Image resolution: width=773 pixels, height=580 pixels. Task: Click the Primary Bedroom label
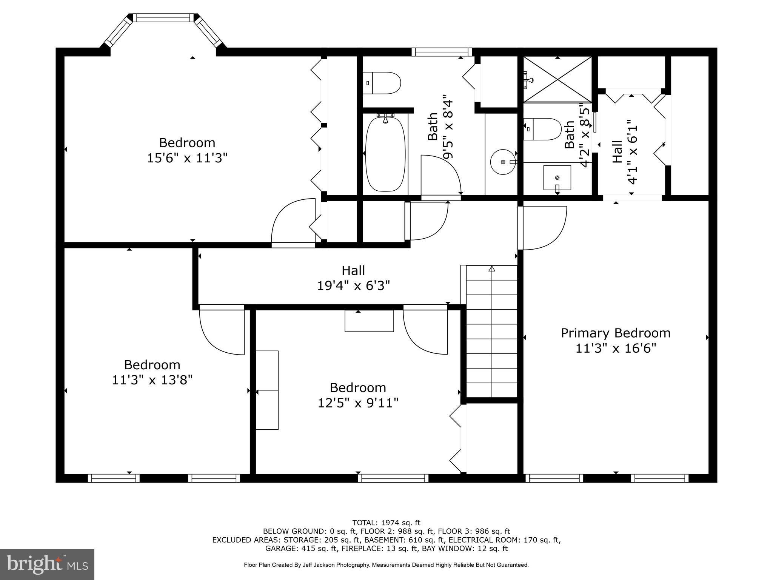click(x=616, y=333)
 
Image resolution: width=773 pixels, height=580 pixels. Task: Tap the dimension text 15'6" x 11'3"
click(x=187, y=158)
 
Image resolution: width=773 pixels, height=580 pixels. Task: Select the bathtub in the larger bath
click(x=385, y=154)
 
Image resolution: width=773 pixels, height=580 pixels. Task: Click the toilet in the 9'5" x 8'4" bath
click(x=382, y=83)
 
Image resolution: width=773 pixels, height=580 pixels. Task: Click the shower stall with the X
click(x=557, y=79)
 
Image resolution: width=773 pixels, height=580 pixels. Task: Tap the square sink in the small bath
click(x=557, y=177)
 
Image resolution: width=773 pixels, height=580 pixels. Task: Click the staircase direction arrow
click(x=491, y=269)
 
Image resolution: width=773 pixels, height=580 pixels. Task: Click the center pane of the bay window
click(x=162, y=18)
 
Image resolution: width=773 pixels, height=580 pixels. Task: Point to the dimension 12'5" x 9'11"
click(x=358, y=403)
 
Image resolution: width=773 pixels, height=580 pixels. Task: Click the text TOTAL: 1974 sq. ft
click(x=386, y=523)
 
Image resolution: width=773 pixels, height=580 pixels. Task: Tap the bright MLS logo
click(x=47, y=564)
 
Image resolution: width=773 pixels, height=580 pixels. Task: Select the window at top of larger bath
click(x=442, y=52)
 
